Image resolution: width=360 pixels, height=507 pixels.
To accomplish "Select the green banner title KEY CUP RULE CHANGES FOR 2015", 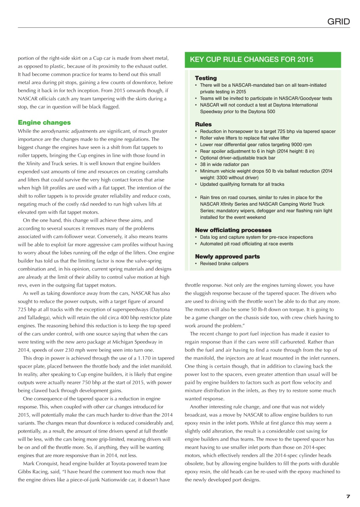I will pos(251,60).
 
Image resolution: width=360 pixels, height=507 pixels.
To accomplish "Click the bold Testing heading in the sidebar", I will pos(206,78).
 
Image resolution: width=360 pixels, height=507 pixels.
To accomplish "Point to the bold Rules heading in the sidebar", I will pos(203,124).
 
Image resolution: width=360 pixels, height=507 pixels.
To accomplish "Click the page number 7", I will pos(348,496).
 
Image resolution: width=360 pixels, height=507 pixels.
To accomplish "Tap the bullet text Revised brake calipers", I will pos(224,263).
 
